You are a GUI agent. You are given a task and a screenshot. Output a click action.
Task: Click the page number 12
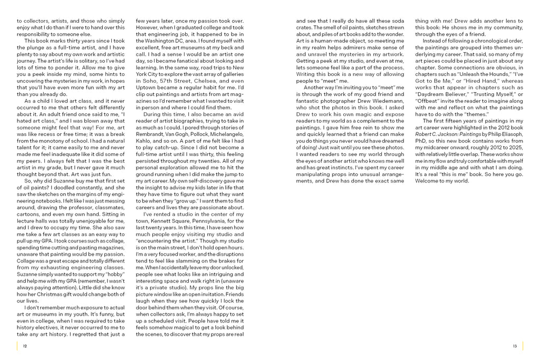pyautogui.click(x=25, y=346)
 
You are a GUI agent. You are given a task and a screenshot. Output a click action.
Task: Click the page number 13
pyautogui.click(x=514, y=346)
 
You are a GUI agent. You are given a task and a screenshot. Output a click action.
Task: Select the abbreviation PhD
pyautogui.click(x=422, y=141)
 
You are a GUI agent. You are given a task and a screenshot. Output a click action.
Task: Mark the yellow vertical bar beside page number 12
pyautogui.click(x=17, y=346)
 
